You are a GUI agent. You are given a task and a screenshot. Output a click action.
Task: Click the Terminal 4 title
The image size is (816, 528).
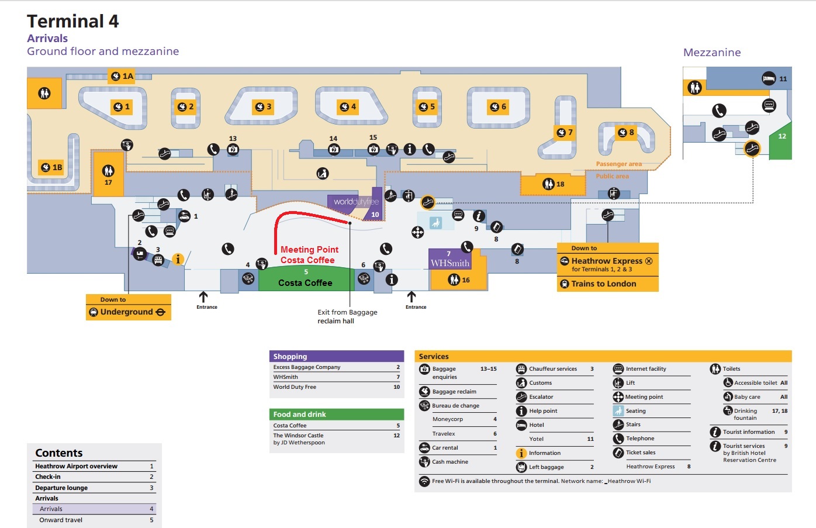pos(72,22)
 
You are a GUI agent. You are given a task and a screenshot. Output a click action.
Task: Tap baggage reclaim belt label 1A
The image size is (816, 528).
pos(122,76)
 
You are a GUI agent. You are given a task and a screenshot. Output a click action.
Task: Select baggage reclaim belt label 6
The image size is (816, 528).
pos(498,106)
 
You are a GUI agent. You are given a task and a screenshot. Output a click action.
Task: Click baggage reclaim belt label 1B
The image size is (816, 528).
pos(51,167)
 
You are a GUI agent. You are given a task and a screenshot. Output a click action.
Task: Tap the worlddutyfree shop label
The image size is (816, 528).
pos(355,202)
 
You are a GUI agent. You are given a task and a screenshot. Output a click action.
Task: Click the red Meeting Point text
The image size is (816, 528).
pos(309,250)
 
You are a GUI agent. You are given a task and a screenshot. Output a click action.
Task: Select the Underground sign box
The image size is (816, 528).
pos(128,312)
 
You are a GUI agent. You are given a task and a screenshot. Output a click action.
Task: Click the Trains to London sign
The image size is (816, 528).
pos(607,284)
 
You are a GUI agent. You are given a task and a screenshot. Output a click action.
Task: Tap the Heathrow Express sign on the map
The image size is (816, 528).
pos(607,261)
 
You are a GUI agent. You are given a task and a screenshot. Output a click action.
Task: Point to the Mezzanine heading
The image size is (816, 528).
pos(711,53)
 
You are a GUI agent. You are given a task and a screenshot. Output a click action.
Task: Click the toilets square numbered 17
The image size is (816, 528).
pos(108,174)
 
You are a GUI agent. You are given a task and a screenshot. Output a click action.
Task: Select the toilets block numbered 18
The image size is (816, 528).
pos(553,184)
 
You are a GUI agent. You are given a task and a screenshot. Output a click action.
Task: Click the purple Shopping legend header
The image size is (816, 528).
pos(336,356)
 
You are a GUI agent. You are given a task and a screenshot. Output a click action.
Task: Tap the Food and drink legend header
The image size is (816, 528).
pos(336,414)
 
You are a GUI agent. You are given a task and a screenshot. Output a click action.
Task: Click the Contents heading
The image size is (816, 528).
pos(59,453)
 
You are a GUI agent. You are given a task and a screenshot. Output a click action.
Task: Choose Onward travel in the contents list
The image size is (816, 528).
pos(61,520)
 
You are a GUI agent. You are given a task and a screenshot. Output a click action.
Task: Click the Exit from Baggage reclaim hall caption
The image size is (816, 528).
pos(347,316)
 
